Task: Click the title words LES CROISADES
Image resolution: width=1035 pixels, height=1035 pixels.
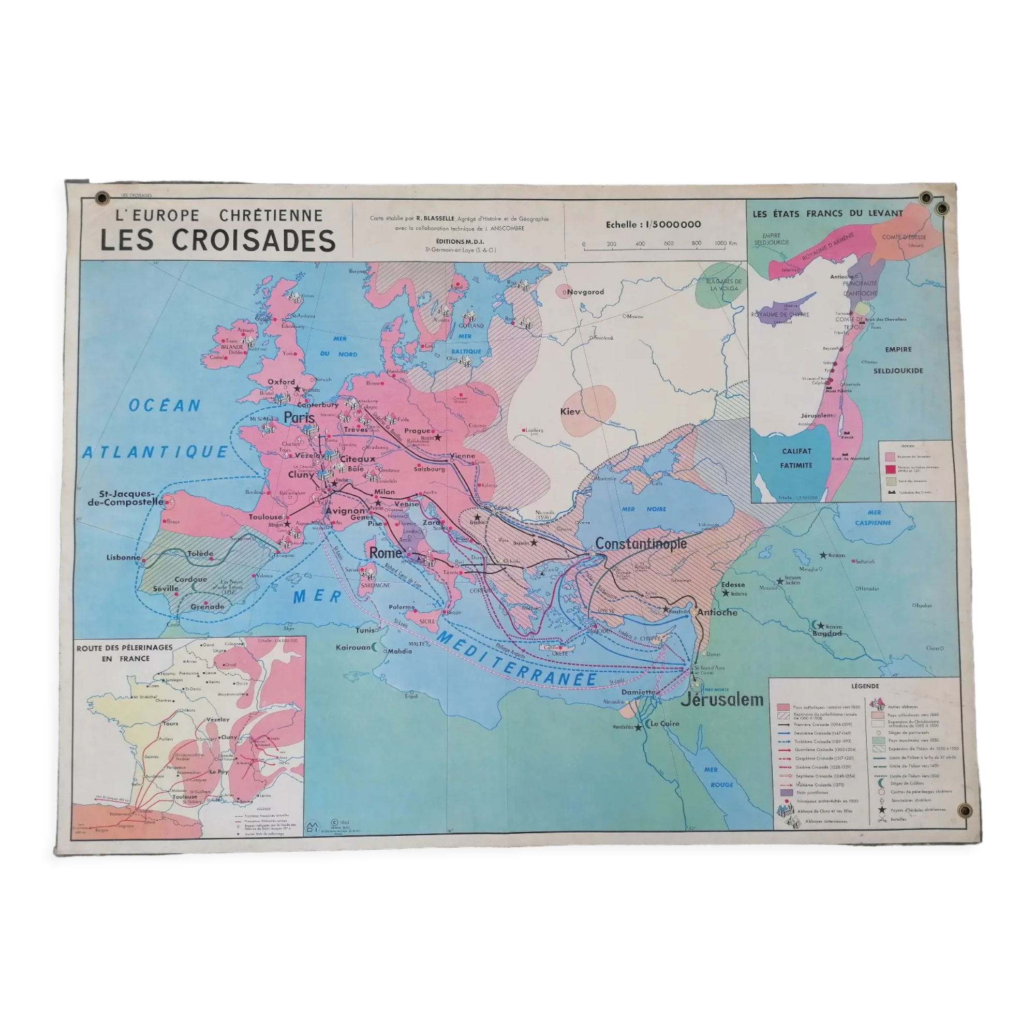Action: [x=218, y=240]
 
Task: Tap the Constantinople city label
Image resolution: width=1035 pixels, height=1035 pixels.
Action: [x=641, y=544]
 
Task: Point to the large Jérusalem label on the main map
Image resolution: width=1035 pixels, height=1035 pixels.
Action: [x=721, y=699]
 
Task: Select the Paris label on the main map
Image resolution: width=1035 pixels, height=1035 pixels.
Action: [x=299, y=417]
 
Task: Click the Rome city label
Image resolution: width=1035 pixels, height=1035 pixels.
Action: [x=385, y=553]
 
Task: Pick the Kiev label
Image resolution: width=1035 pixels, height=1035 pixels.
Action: [x=570, y=411]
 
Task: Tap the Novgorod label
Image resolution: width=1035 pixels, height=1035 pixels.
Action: [x=585, y=292]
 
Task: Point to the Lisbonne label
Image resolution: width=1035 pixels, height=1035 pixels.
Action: [x=123, y=557]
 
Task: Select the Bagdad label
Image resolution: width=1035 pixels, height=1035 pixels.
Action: [x=827, y=633]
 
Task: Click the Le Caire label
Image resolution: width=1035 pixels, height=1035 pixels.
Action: [x=665, y=723]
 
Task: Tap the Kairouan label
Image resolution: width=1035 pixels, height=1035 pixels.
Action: [x=353, y=647]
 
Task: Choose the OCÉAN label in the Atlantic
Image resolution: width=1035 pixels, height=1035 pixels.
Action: [x=165, y=406]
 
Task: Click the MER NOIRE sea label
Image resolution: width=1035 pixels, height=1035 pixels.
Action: [x=644, y=509]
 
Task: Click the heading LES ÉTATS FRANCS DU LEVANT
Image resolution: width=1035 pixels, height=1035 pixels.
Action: [x=827, y=214]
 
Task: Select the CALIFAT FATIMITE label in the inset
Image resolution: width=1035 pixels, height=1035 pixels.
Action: [x=796, y=458]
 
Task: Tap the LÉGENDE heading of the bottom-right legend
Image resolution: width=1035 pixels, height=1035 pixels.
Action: [x=865, y=686]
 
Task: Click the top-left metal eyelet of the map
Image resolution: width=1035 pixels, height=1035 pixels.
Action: [x=101, y=199]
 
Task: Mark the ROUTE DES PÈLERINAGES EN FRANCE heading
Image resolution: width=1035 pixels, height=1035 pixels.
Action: [x=124, y=653]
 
